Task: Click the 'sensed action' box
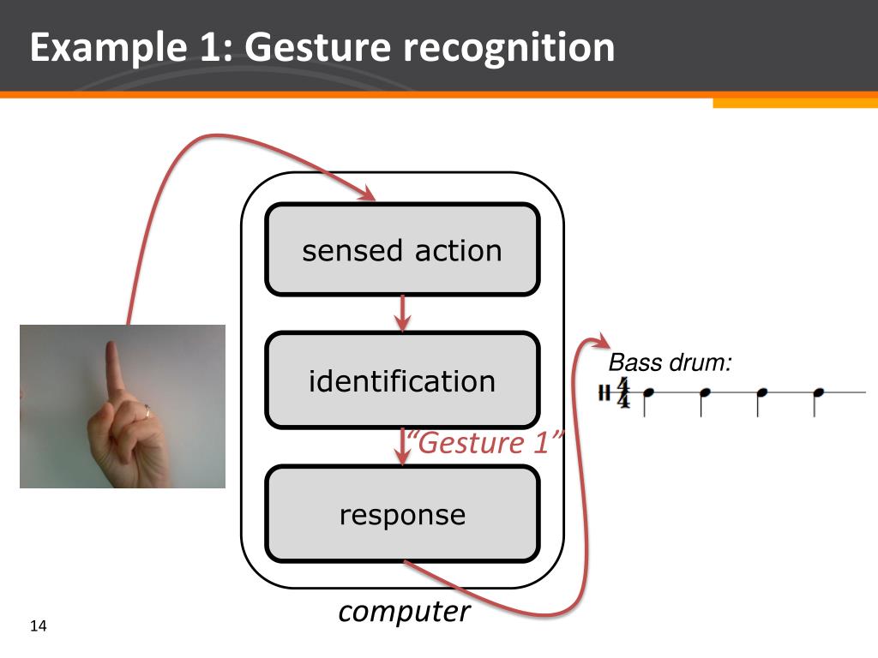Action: [402, 250]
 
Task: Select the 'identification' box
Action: [402, 380]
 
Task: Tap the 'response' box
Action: [402, 514]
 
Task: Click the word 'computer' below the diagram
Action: [404, 612]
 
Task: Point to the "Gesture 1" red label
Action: [485, 444]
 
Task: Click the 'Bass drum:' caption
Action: [670, 362]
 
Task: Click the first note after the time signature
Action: [648, 393]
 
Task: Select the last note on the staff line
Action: [819, 393]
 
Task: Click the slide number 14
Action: [37, 626]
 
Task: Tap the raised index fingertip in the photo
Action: [111, 348]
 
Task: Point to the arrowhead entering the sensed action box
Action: [368, 195]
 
